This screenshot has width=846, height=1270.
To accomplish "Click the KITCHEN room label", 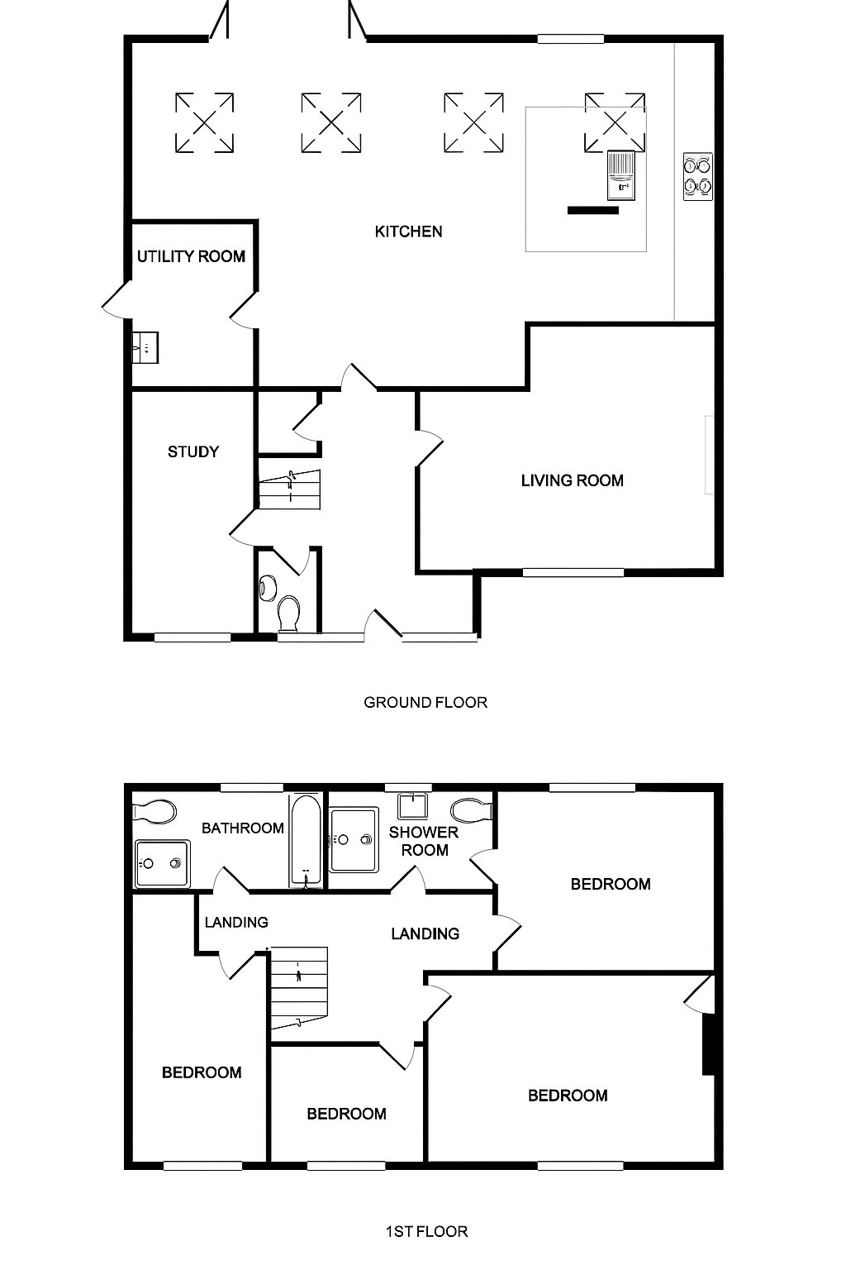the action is point(409,232).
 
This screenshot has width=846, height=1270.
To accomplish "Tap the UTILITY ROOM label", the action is point(191,257).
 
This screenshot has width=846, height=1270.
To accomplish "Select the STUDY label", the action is point(193,452).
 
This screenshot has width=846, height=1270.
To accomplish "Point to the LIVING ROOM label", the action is point(573,480).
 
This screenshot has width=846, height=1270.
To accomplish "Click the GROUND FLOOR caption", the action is point(425,703).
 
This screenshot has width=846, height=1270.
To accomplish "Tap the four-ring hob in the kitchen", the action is point(697,176).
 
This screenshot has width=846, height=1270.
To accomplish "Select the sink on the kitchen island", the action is point(621,175).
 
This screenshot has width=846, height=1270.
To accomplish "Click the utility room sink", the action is point(145,347).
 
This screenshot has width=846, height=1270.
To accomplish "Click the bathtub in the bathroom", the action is point(306,840).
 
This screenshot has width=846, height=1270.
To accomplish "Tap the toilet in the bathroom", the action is point(154,811).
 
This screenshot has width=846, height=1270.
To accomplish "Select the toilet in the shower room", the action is point(473,809).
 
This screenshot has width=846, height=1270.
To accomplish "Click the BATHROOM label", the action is point(243,828).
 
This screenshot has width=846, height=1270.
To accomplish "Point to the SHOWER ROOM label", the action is point(424,842).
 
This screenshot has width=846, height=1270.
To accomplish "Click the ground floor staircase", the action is point(289,489).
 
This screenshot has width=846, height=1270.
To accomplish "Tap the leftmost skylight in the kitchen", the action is point(205,123).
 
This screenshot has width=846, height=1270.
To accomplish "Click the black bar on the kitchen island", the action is point(592,210).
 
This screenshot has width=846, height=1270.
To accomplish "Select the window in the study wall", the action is point(192,637).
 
